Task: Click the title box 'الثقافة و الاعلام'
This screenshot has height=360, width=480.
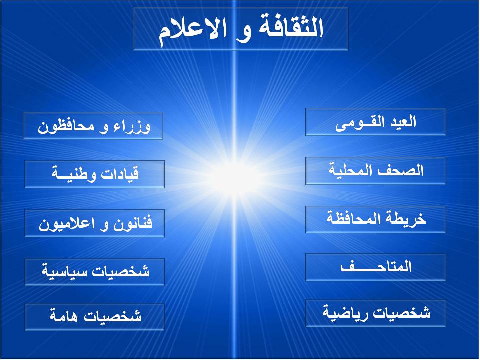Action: pyautogui.click(x=241, y=29)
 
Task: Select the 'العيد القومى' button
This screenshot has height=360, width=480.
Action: pyautogui.click(x=375, y=122)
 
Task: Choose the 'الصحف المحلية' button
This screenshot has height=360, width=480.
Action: pyautogui.click(x=375, y=171)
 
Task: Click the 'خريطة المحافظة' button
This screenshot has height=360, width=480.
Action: pyautogui.click(x=375, y=219)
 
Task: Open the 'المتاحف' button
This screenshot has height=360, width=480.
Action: pyautogui.click(x=375, y=267)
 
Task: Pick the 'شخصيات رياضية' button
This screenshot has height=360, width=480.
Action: pyautogui.click(x=375, y=313)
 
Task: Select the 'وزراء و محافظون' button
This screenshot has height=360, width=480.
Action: pyautogui.click(x=93, y=126)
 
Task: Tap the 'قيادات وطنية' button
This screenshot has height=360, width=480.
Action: pyautogui.click(x=94, y=174)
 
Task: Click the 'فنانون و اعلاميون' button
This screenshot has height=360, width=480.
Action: pyautogui.click(x=94, y=223)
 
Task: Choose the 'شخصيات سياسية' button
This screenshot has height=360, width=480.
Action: pyautogui.click(x=94, y=272)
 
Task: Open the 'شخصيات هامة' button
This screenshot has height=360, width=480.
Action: pyautogui.click(x=94, y=317)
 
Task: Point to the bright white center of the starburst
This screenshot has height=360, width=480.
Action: pyautogui.click(x=234, y=179)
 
